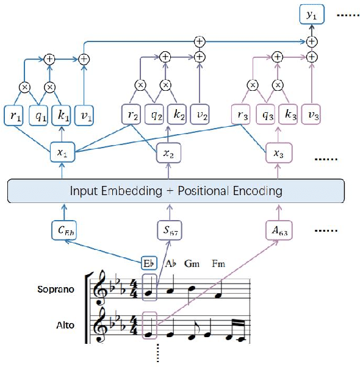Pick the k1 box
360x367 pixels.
tap(63, 115)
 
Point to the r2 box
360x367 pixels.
tap(132, 115)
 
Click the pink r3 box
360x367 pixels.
tap(242, 115)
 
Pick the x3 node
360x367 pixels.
tap(278, 154)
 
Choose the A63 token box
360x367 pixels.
tap(278, 230)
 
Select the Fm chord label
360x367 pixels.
tap(218, 264)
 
